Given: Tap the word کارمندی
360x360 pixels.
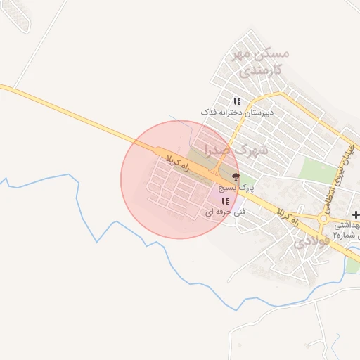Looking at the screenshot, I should point(259,70).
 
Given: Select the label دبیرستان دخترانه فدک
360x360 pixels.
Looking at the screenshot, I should point(237,112).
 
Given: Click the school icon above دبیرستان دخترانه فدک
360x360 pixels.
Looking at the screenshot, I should point(237,102).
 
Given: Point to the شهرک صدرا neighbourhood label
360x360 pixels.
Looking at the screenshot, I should point(236,150).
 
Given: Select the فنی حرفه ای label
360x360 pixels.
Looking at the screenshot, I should point(220,211).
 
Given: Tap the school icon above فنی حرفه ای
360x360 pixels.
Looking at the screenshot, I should point(224,201).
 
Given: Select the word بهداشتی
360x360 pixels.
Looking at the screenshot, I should point(346,225).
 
